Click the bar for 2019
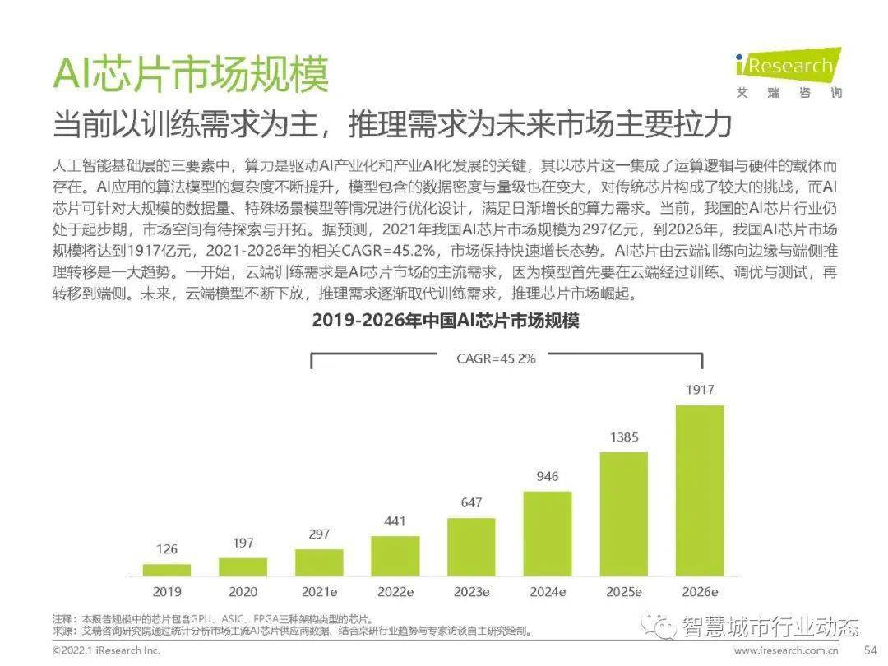(x=167, y=570)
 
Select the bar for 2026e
(x=700, y=490)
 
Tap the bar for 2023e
(x=471, y=547)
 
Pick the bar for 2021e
(x=319, y=562)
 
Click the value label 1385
(x=624, y=437)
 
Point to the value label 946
(x=548, y=476)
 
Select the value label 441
(x=395, y=520)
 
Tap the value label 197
(x=243, y=542)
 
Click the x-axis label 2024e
(x=548, y=591)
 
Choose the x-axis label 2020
(x=243, y=591)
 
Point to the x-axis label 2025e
(x=624, y=591)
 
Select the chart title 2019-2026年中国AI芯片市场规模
(x=446, y=321)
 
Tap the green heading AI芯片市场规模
(x=191, y=75)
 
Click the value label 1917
(x=700, y=390)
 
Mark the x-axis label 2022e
(x=395, y=591)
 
